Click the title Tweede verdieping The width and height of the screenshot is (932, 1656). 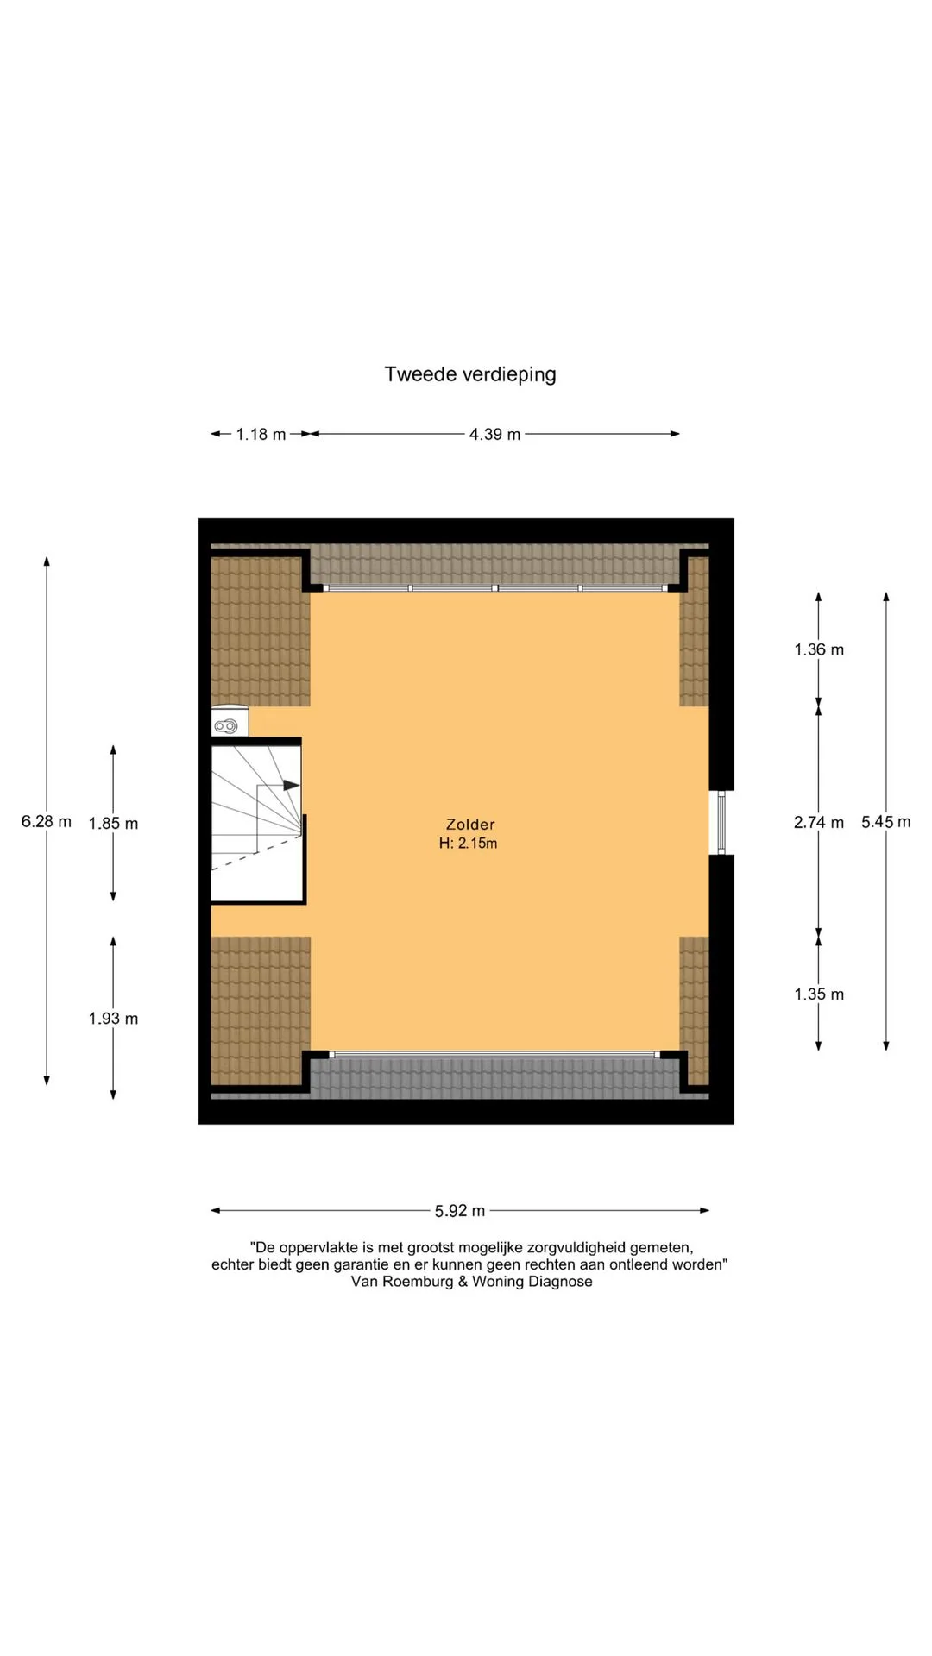point(470,374)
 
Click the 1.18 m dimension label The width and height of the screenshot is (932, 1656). point(261,434)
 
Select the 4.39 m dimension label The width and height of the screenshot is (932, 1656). point(494,434)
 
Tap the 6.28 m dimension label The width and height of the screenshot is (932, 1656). point(47,821)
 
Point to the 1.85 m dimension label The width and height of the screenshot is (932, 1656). point(113,823)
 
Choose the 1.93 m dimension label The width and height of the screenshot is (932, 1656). point(113,1019)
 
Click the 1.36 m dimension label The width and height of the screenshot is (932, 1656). point(819,649)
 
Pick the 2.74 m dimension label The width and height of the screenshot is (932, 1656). point(819,822)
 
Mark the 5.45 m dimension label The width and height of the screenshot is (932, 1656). point(885,821)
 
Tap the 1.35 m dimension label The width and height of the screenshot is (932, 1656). point(819,994)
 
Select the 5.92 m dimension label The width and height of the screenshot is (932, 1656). point(460,1211)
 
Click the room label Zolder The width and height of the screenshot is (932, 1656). point(470,825)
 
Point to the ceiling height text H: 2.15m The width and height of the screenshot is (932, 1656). point(468,844)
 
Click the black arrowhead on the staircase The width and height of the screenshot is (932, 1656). point(292,785)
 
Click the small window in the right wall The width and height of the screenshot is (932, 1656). point(721,823)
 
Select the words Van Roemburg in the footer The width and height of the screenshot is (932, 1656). point(402,1282)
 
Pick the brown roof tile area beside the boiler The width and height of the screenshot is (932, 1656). point(261,631)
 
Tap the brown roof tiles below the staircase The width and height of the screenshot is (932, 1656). point(261,1011)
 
